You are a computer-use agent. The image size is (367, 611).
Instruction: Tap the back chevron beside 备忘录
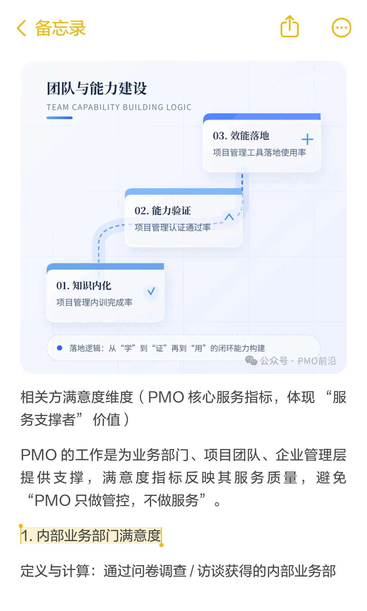[x=21, y=28]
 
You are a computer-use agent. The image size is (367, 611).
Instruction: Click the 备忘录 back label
[x=60, y=28]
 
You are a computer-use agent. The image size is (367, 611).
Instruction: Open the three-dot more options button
[x=341, y=27]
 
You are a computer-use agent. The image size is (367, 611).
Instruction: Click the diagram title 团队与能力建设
[x=97, y=89]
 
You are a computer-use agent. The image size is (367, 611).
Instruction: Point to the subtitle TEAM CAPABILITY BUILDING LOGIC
[x=119, y=107]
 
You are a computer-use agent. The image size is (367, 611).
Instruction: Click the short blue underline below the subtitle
[x=59, y=118]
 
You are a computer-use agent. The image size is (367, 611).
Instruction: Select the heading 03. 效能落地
[x=241, y=136]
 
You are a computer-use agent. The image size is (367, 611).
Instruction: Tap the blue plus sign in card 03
[x=307, y=139]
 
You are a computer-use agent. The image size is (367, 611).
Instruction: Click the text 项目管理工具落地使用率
[x=259, y=152]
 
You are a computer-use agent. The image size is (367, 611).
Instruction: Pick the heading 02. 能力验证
[x=162, y=210]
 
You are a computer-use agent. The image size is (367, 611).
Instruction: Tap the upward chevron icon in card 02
[x=229, y=217]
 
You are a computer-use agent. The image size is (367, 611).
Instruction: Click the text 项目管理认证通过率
[x=172, y=227]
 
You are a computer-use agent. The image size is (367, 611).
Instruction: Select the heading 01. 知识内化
[x=84, y=285]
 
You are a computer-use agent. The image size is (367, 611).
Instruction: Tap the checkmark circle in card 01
[x=151, y=291]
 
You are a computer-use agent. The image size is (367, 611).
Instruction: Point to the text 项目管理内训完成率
[x=94, y=302]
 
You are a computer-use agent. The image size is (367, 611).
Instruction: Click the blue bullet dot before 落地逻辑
[x=59, y=348]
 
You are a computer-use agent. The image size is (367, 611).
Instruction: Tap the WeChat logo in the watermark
[x=251, y=360]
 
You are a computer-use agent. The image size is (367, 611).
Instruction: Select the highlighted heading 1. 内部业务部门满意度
[x=91, y=536]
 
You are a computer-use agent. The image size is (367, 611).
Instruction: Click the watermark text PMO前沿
[x=317, y=361]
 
